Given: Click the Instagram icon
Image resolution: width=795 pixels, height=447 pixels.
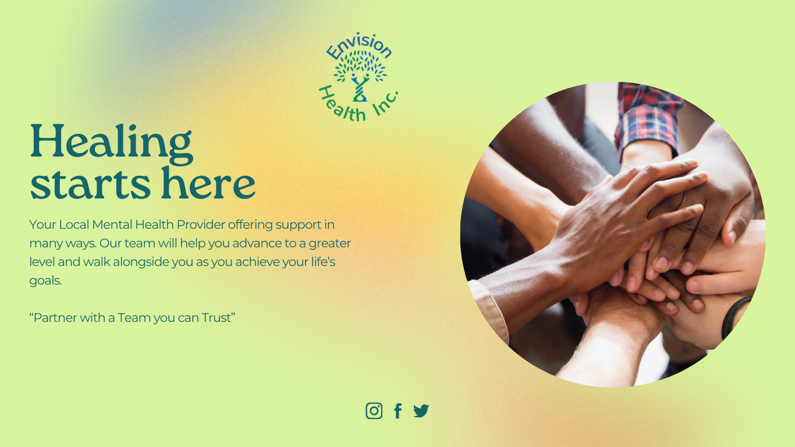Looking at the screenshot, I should point(374,411).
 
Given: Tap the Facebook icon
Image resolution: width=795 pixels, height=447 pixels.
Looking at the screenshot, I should point(398,411).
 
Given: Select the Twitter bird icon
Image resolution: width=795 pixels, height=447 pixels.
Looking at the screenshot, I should point(421,411).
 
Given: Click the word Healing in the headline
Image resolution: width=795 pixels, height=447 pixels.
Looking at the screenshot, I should point(111,141).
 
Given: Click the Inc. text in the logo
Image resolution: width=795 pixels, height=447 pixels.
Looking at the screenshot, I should point(385,104).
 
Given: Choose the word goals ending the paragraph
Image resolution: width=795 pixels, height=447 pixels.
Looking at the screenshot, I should point(45,281).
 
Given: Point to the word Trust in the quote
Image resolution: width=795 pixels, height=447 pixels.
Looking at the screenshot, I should point(217,318).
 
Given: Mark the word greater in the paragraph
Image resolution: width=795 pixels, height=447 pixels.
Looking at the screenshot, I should point(329,243).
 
